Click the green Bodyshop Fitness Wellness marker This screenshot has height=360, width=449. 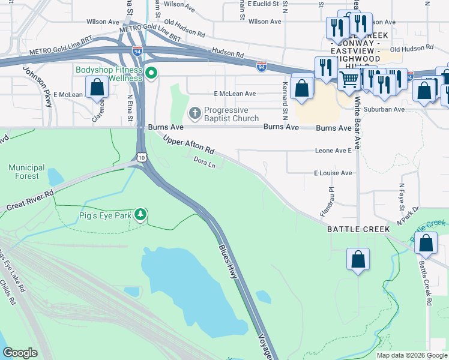pyautogui.click(x=152, y=74)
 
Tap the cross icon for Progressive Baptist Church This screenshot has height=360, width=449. pyautogui.click(x=195, y=113)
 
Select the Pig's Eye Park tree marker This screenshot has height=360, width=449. pyautogui.click(x=140, y=214)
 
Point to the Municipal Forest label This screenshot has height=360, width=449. pyautogui.click(x=27, y=172)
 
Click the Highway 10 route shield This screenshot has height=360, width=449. pyautogui.click(x=140, y=157)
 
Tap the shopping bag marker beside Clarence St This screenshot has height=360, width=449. pyautogui.click(x=97, y=88)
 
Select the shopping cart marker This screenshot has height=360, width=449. pyautogui.click(x=349, y=79)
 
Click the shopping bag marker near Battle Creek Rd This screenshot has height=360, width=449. pyautogui.click(x=426, y=244)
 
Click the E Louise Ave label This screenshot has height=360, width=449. pyautogui.click(x=333, y=173)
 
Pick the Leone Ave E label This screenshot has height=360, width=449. pyautogui.click(x=333, y=151)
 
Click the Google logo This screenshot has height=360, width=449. pyautogui.click(x=20, y=353)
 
